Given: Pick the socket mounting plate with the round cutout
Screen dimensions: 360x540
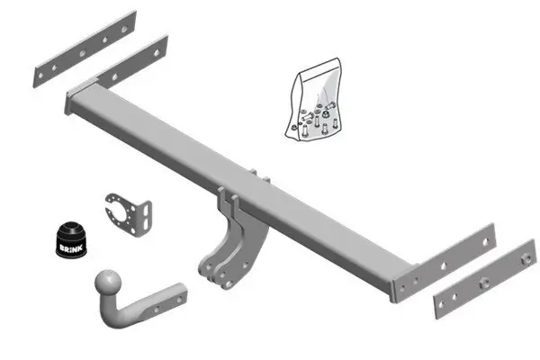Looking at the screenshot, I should pos(123,215).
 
